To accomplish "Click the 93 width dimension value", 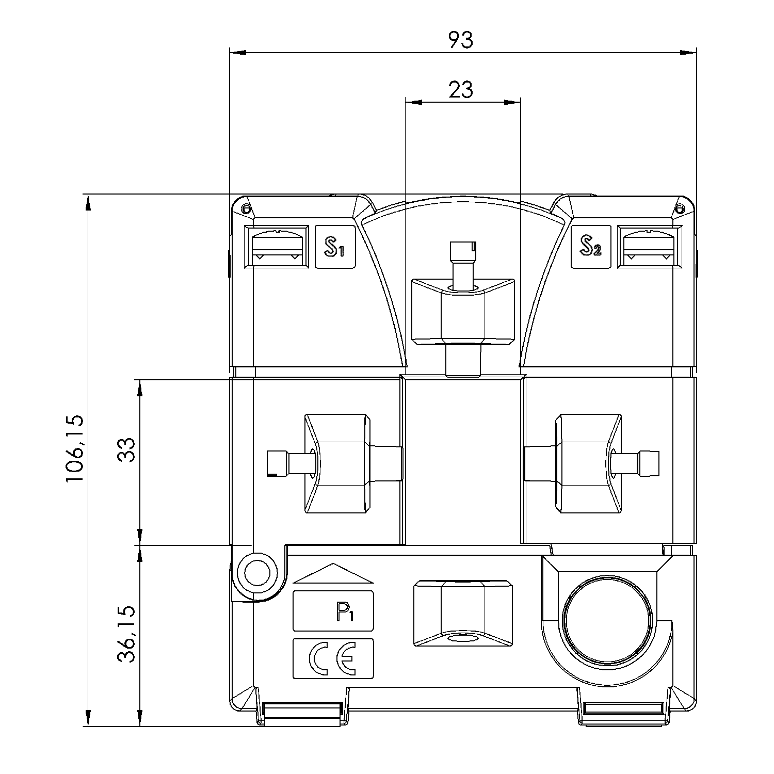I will pyautogui.click(x=460, y=40).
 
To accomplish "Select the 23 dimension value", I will pyautogui.click(x=460, y=90).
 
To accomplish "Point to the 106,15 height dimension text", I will pyautogui.click(x=74, y=448).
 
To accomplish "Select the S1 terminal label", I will pyautogui.click(x=335, y=247).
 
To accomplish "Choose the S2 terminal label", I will pyautogui.click(x=590, y=247).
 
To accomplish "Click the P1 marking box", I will pyautogui.click(x=333, y=610).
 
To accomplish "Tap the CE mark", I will pyautogui.click(x=333, y=658).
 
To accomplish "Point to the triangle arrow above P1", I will pyautogui.click(x=333, y=573).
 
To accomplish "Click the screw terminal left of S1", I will pyautogui.click(x=276, y=247).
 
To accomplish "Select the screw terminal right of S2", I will pyautogui.click(x=649, y=247).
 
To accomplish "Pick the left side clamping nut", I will pyautogui.click(x=337, y=463).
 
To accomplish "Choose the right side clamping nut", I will pyautogui.click(x=588, y=463).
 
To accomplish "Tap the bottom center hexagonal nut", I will pyautogui.click(x=463, y=612).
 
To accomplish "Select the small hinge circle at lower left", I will pyautogui.click(x=256, y=574).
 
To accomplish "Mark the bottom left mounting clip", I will pyautogui.click(x=302, y=713).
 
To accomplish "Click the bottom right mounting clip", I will pyautogui.click(x=624, y=713).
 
